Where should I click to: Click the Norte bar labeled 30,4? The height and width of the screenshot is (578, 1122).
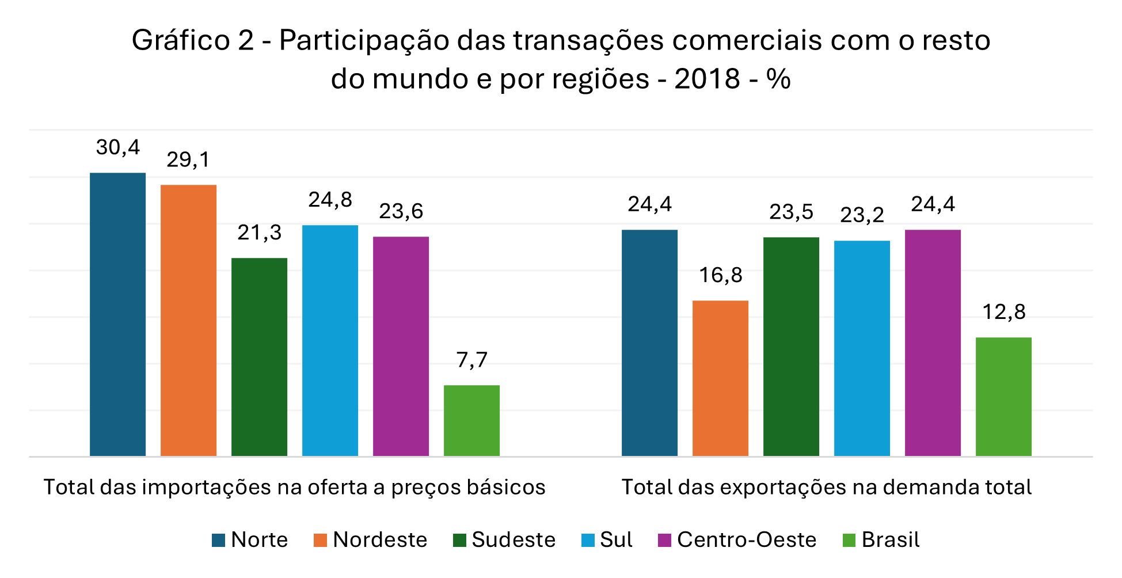[117, 314]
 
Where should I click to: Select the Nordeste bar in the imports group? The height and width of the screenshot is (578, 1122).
[188, 321]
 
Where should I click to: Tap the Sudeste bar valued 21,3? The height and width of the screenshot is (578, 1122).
[259, 357]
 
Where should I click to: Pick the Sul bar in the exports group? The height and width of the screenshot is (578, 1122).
[862, 348]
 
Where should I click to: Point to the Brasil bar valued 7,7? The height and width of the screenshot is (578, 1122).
[471, 421]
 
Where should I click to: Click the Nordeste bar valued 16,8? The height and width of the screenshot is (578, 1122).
[720, 378]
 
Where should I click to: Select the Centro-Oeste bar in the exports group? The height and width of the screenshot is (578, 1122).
[933, 343]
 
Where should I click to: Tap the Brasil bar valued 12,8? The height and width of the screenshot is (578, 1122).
[1003, 397]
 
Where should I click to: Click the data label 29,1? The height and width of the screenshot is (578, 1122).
[188, 159]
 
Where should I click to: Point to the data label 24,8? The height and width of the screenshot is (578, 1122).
[330, 200]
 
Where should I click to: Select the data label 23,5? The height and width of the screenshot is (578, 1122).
[791, 212]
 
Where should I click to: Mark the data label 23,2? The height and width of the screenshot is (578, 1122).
[862, 215]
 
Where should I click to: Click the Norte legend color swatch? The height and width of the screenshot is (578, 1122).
[218, 540]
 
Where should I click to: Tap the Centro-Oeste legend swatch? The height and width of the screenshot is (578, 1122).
[664, 540]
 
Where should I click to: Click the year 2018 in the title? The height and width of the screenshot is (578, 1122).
[707, 78]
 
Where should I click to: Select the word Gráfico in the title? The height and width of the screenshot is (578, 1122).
[181, 40]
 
